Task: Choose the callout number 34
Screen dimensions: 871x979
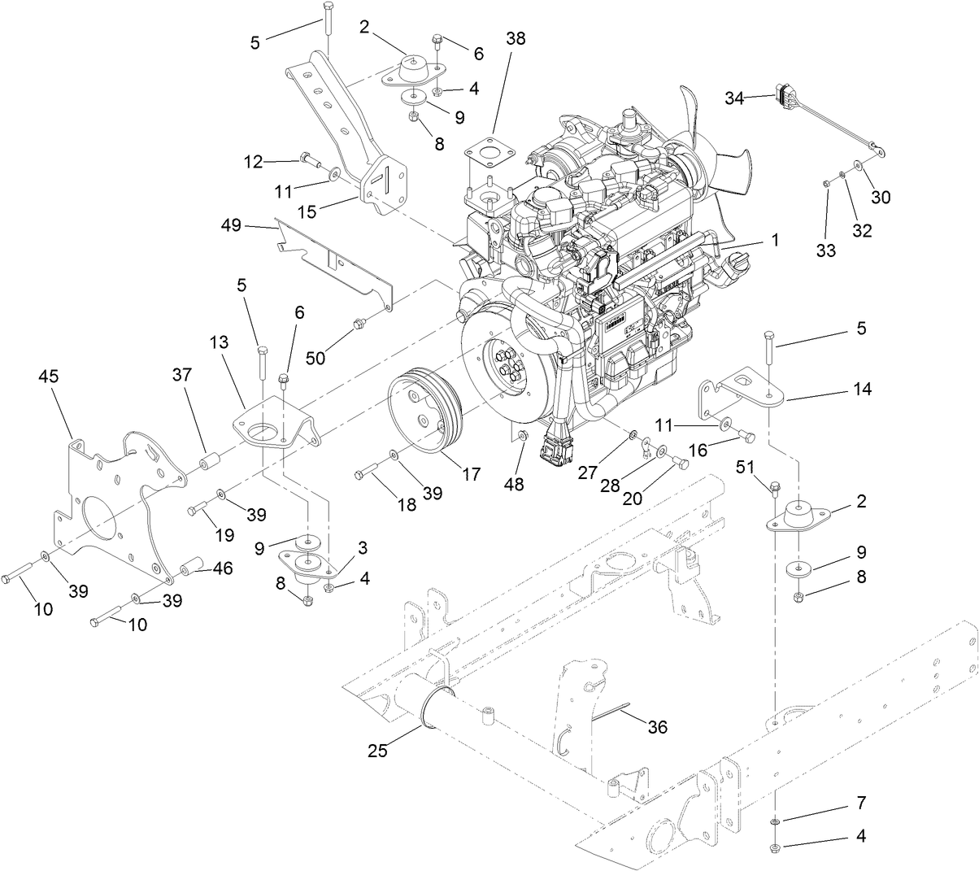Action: click(x=734, y=98)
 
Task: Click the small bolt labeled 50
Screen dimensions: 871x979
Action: click(x=358, y=327)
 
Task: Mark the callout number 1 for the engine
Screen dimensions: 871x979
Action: click(x=775, y=240)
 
